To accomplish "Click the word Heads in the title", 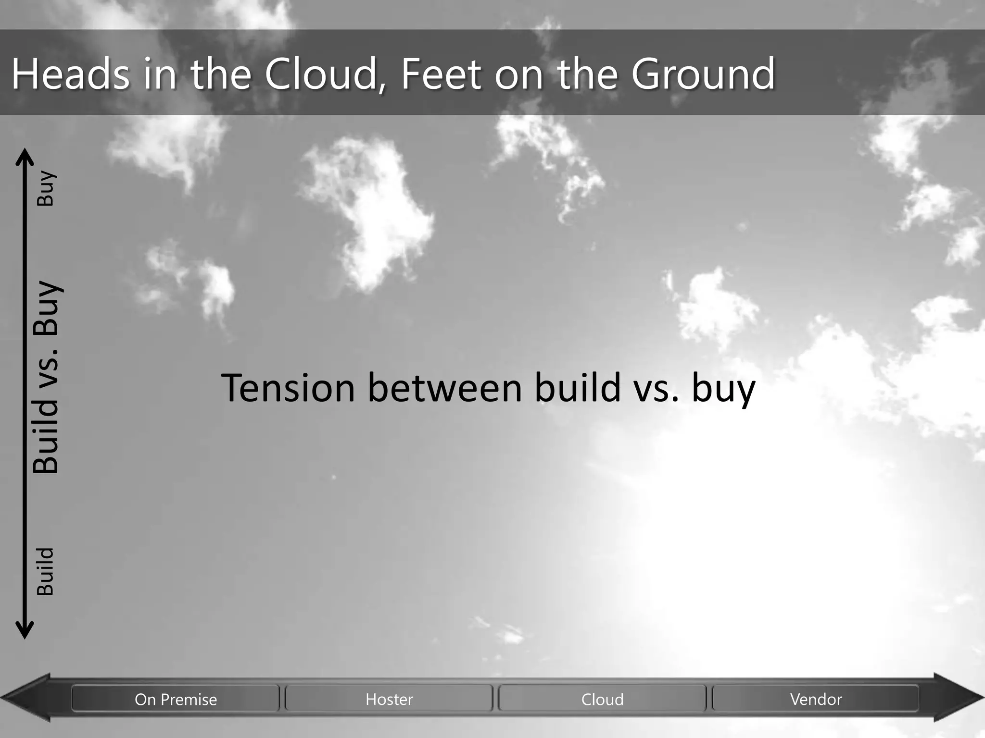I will tap(70, 74).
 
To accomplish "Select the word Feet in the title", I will tap(441, 74).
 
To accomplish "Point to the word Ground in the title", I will tap(703, 74).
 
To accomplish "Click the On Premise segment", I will tap(176, 699).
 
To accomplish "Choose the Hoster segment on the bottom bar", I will tap(389, 699).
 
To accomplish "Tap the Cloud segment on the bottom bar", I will tap(602, 699).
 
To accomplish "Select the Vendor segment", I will tap(816, 699).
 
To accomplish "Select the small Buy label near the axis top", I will tap(46, 188).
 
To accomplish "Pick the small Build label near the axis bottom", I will tap(46, 572).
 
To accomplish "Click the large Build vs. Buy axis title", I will tap(47, 378).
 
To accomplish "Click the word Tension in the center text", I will tap(288, 388).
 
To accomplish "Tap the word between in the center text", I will tap(445, 388).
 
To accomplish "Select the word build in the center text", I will tap(577, 388).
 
